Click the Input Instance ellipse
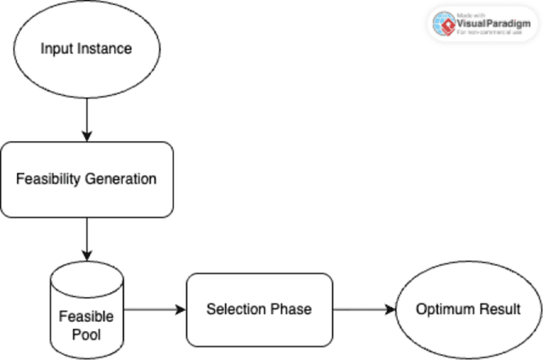click(x=86, y=48)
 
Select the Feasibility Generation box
click(x=86, y=179)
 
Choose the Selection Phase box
click(x=259, y=309)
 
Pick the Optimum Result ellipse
click(x=467, y=309)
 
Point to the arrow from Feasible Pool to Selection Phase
click(x=154, y=309)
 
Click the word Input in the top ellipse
click(x=55, y=48)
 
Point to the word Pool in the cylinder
click(x=86, y=334)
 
